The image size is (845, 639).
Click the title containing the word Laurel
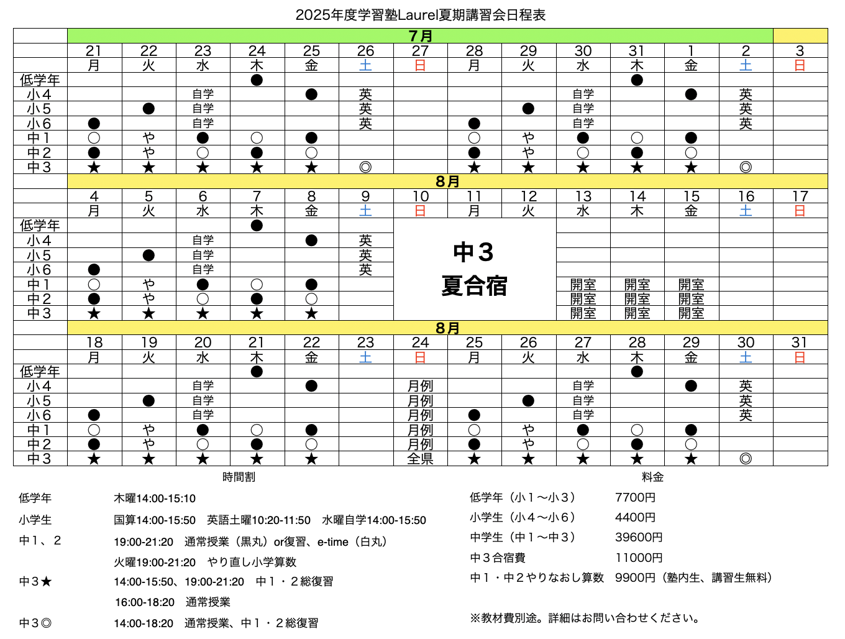(421, 15)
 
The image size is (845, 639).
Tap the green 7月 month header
(421, 36)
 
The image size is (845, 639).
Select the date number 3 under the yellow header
(800, 51)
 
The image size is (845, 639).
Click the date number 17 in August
(800, 196)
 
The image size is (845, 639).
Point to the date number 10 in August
(421, 196)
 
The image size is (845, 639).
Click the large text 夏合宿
(474, 286)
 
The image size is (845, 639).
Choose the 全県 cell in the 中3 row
(421, 459)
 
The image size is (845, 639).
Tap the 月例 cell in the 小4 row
(421, 386)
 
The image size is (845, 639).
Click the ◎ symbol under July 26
(365, 167)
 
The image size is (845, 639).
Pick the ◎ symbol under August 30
(746, 459)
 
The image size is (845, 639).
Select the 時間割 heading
(239, 477)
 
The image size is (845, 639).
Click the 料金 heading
(652, 477)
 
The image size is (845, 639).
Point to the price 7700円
(635, 498)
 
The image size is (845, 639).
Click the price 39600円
(639, 538)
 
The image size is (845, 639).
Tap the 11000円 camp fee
(639, 558)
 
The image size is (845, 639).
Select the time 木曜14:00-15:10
(155, 499)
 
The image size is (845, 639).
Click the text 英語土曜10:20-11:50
(258, 520)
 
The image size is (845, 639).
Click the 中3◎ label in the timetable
(35, 623)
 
